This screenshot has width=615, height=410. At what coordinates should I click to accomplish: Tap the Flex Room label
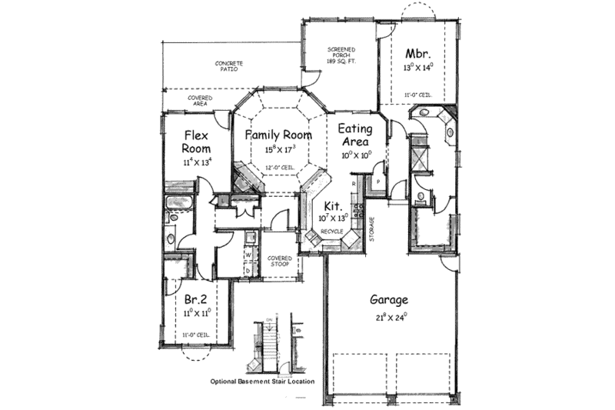[197, 142]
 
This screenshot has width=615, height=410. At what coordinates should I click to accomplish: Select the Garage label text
[388, 300]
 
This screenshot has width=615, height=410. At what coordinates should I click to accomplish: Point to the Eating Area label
[356, 135]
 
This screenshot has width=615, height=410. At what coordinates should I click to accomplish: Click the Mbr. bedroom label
[418, 54]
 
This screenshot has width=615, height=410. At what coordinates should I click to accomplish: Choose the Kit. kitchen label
[333, 205]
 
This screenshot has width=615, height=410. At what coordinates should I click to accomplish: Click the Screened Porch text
[341, 54]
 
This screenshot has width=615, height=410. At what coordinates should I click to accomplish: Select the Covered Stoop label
[278, 262]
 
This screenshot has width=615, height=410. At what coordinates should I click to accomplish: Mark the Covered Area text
[201, 101]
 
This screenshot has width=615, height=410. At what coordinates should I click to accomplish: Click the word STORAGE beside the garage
[373, 228]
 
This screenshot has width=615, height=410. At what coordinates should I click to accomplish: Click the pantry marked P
[379, 182]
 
